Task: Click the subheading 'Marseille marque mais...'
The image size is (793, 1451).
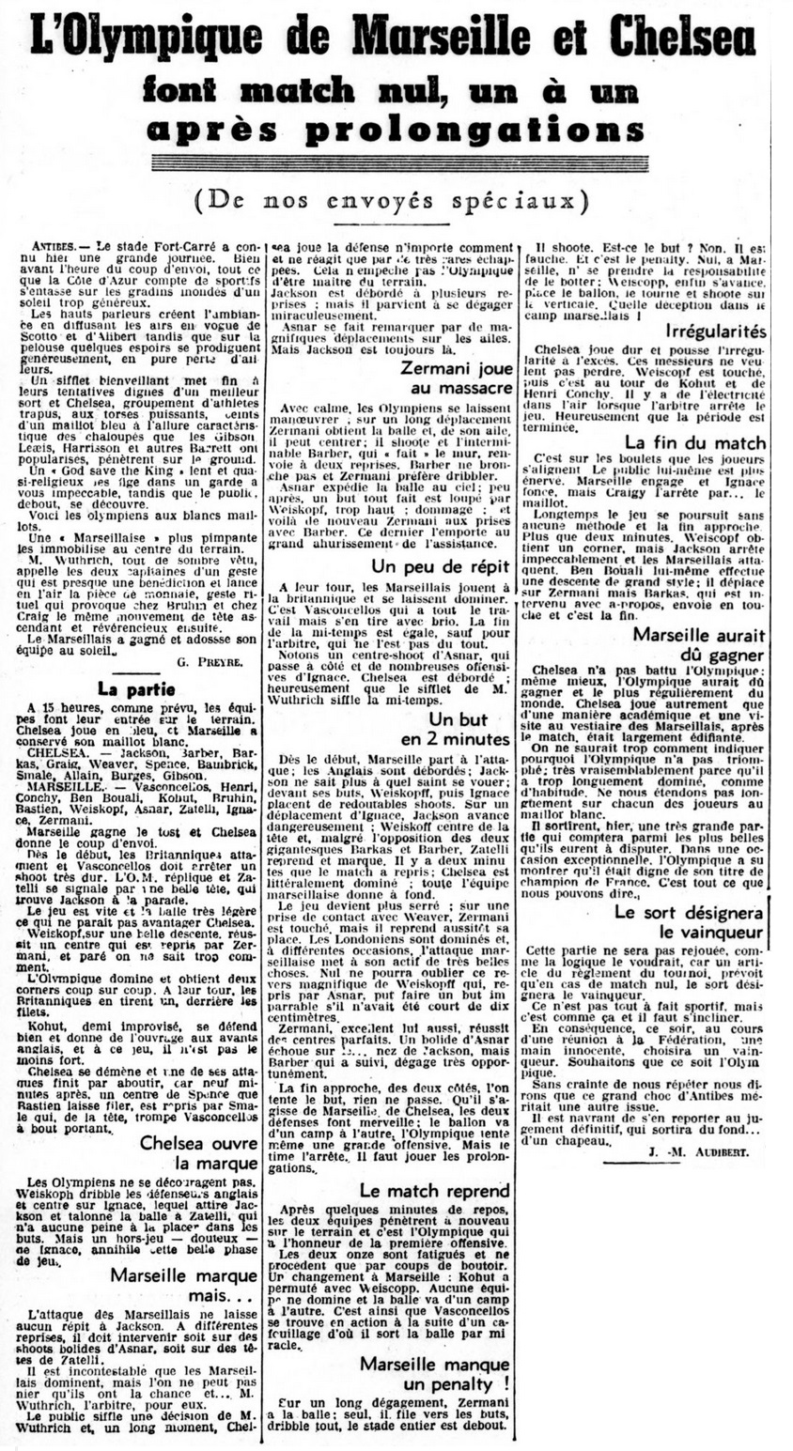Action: tap(185, 1288)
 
